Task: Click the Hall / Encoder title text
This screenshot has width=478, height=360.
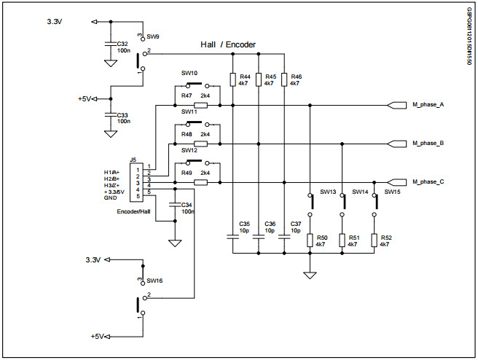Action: tap(228, 45)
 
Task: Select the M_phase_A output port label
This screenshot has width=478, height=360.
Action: tap(428, 105)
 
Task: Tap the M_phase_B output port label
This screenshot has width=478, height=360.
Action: tap(428, 144)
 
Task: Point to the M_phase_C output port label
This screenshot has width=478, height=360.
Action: tap(428, 182)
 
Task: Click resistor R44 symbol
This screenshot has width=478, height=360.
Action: tap(232, 79)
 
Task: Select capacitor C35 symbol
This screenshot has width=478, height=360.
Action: tap(232, 236)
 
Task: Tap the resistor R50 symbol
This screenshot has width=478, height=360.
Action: tap(310, 240)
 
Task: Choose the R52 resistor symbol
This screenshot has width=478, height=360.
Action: tap(375, 240)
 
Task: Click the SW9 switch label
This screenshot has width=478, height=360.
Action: tap(153, 36)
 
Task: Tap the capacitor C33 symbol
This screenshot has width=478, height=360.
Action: tap(110, 115)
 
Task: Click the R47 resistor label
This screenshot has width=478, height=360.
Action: tap(187, 95)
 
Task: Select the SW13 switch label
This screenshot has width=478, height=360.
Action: tap(328, 192)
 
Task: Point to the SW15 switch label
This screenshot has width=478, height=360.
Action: tap(392, 192)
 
